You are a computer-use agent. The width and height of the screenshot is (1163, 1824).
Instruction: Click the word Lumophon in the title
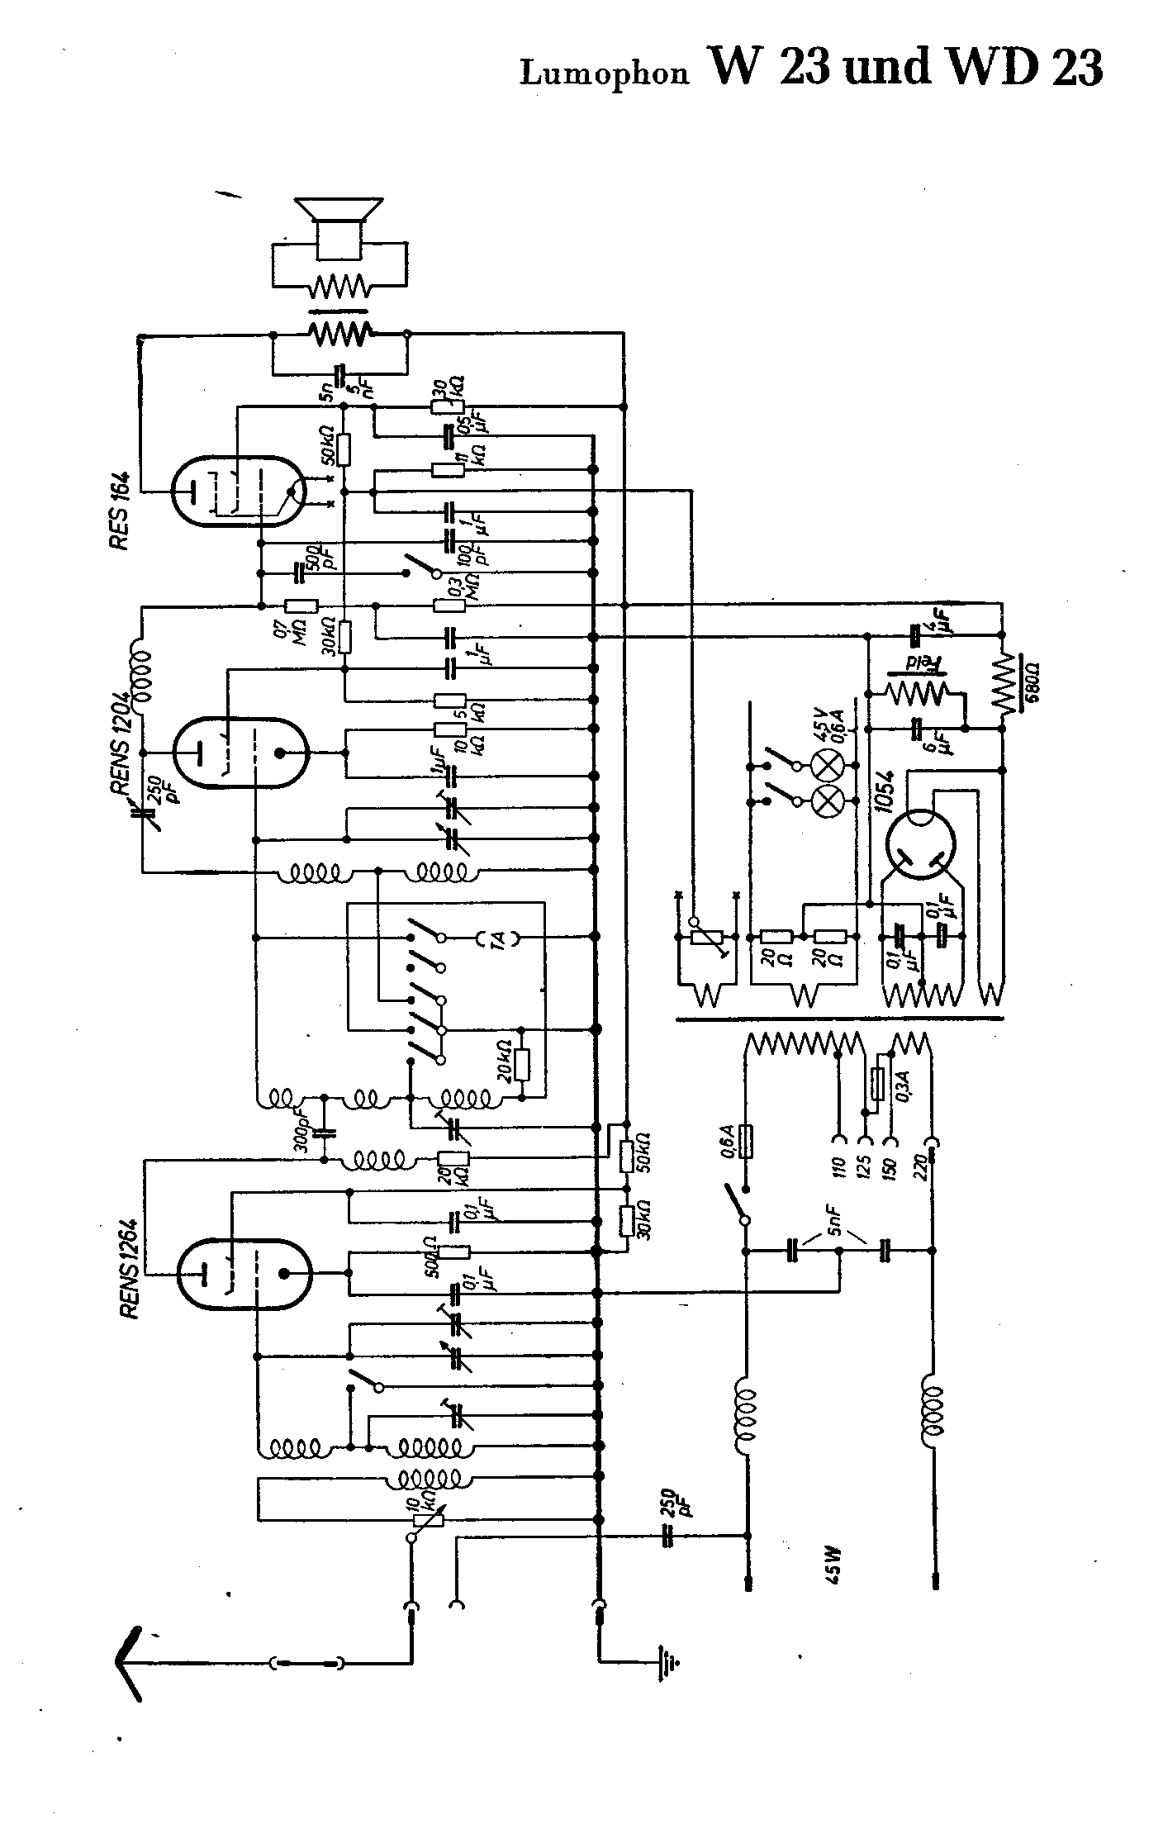(x=604, y=74)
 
